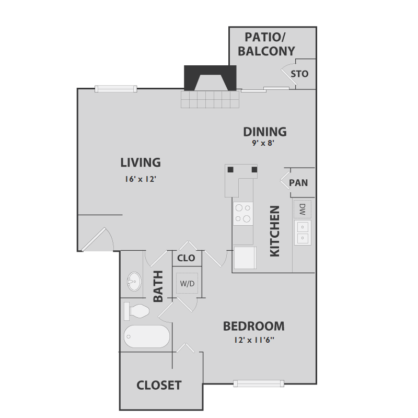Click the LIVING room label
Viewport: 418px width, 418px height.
click(140, 162)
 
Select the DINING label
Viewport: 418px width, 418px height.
click(265, 132)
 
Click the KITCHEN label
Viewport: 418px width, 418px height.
click(275, 230)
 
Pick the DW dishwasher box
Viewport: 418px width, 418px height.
click(302, 209)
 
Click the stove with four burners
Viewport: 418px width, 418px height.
click(242, 214)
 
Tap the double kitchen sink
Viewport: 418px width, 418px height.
click(302, 233)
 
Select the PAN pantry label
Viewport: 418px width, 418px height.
click(298, 183)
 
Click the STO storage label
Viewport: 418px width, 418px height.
click(299, 74)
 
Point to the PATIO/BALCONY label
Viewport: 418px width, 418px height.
click(266, 44)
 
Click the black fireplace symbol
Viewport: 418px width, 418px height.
click(210, 78)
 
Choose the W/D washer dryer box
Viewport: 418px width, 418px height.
click(187, 284)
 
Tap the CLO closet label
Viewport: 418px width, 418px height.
click(186, 258)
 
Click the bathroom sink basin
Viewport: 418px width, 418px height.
click(134, 283)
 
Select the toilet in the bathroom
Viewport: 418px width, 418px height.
click(137, 311)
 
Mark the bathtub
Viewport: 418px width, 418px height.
click(147, 336)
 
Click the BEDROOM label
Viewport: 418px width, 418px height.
click(254, 327)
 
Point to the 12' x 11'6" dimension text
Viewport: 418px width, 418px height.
click(254, 341)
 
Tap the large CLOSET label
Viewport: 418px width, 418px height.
click(159, 386)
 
